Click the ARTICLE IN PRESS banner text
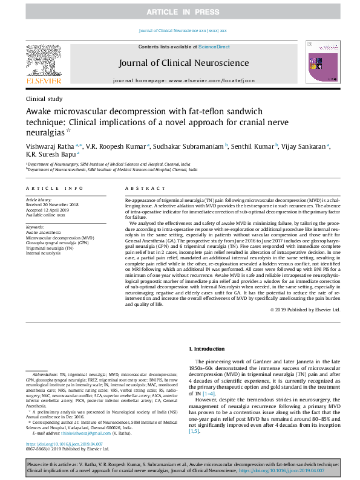pyautogui.click(x=180, y=13)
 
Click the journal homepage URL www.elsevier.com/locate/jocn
pyautogui.click(x=209, y=80)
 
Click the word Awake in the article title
pyautogui.click(x=43, y=112)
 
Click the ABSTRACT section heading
pyautogui.click(x=140, y=189)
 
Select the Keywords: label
pyautogui.click(x=36, y=226)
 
